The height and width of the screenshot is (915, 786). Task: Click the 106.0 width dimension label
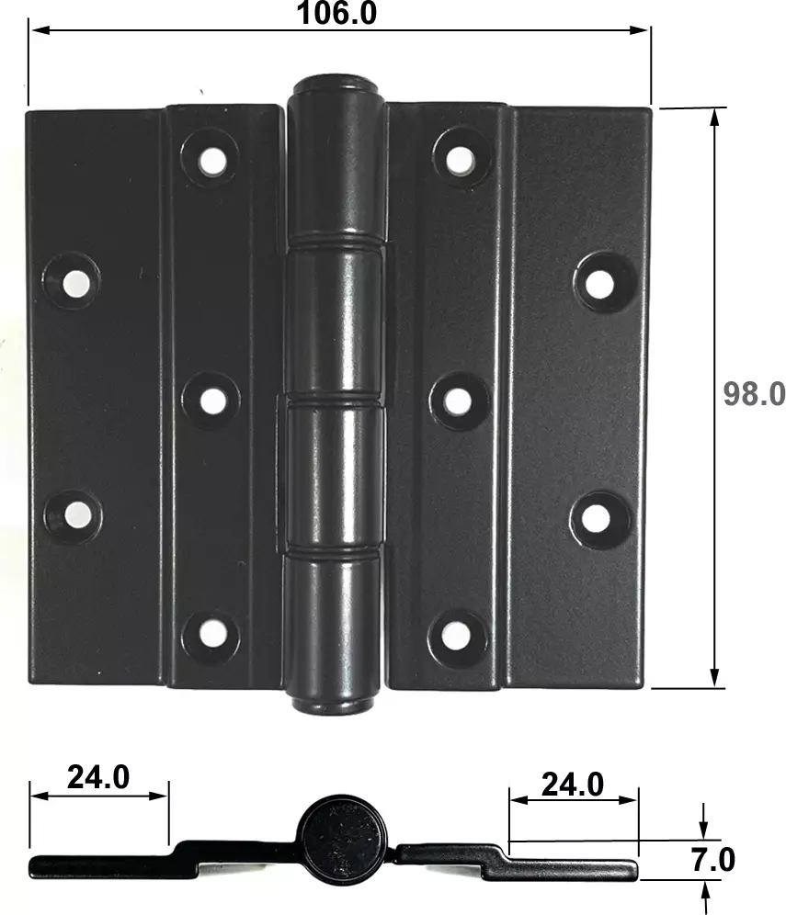click(337, 13)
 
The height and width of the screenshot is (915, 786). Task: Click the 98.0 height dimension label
click(754, 394)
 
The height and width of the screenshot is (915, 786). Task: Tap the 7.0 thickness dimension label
click(712, 860)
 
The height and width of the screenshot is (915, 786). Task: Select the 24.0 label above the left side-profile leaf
click(98, 776)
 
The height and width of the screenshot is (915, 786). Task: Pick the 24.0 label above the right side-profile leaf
click(573, 785)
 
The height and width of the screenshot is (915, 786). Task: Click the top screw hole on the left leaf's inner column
click(211, 159)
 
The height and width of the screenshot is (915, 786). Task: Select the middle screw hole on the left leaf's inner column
click(212, 401)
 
